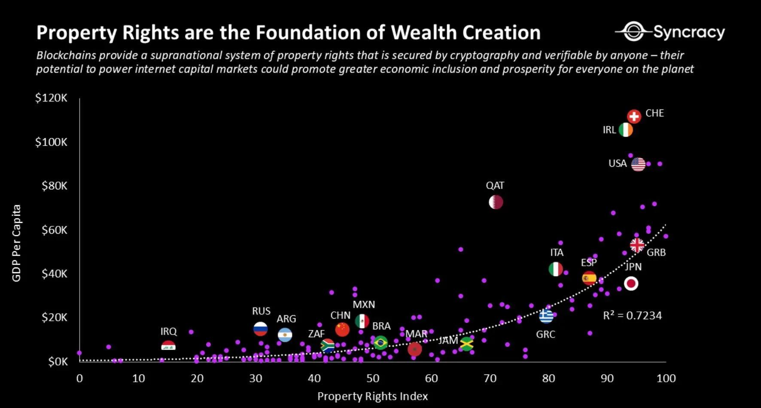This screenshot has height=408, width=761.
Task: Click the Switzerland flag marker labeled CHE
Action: pyautogui.click(x=634, y=116)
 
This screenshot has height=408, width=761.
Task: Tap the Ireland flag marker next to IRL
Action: pyautogui.click(x=626, y=130)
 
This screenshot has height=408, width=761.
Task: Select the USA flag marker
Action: pyautogui.click(x=638, y=164)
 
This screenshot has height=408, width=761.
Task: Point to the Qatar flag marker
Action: pyautogui.click(x=496, y=202)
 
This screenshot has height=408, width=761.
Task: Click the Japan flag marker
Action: pyautogui.click(x=631, y=283)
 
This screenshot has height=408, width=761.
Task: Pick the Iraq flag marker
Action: pyautogui.click(x=168, y=345)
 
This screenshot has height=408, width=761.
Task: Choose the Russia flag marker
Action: pyautogui.click(x=261, y=329)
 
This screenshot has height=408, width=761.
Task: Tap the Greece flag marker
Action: pyautogui.click(x=546, y=317)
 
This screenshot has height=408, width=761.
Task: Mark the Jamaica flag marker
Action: pyautogui.click(x=466, y=344)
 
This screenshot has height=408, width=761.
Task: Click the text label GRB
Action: pyautogui.click(x=656, y=253)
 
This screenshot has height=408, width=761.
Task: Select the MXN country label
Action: pyautogui.click(x=364, y=304)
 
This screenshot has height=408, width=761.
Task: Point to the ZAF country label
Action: pyautogui.click(x=317, y=334)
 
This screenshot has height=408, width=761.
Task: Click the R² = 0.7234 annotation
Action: pyautogui.click(x=632, y=316)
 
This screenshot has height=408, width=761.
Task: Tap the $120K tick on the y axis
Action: pyautogui.click(x=51, y=98)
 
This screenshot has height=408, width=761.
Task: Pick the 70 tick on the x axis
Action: pyautogui.click(x=490, y=378)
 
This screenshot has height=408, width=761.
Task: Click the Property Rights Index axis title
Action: pyautogui.click(x=372, y=396)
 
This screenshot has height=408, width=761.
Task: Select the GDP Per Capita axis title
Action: pyautogui.click(x=16, y=243)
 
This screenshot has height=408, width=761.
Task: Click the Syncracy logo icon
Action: pyautogui.click(x=633, y=31)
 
